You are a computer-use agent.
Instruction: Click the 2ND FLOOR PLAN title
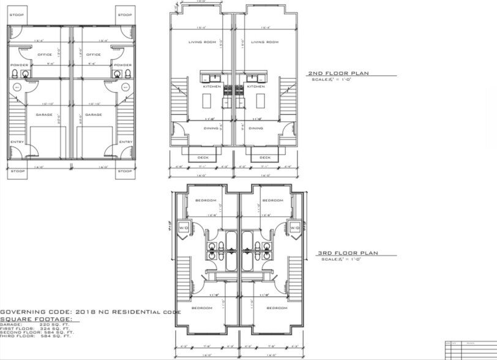338,74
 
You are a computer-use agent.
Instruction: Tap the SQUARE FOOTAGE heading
35,319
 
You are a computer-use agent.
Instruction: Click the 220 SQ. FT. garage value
50,324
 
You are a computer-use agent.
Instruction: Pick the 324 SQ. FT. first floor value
51,329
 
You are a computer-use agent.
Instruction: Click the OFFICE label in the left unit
43,54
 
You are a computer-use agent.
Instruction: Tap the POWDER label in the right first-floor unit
122,65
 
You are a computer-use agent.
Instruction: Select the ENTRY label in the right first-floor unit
125,142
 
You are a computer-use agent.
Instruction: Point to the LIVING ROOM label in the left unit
200,42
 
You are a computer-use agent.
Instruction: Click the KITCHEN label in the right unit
256,87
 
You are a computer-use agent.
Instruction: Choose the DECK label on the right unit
264,157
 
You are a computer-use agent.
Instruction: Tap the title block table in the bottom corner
469,350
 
